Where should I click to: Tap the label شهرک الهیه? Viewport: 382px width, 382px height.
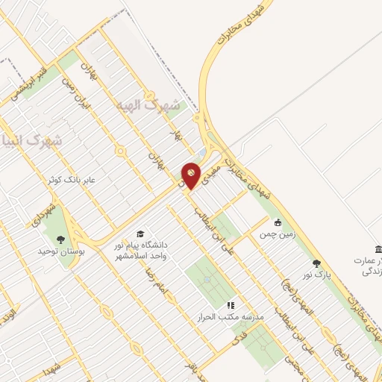pyautogui.click(x=153, y=106)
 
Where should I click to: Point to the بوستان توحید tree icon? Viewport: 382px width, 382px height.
pyautogui.click(x=60, y=239)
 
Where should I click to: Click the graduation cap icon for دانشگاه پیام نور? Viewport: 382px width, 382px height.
pyautogui.click(x=140, y=234)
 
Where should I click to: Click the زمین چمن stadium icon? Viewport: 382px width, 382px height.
pyautogui.click(x=278, y=222)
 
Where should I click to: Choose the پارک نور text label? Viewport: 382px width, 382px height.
pyautogui.click(x=315, y=275)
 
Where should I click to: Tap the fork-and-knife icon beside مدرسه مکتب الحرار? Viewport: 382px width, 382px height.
pyautogui.click(x=231, y=304)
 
